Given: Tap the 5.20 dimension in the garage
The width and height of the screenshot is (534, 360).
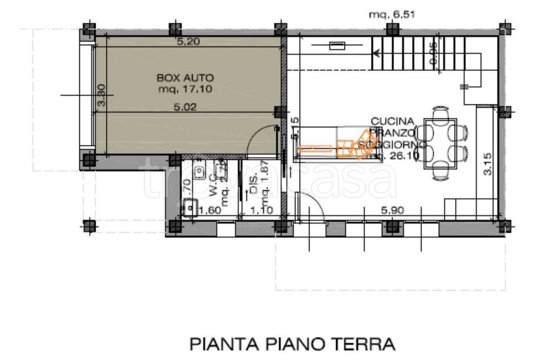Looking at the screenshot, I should [x=188, y=42].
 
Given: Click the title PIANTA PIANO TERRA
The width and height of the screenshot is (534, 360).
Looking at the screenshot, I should [x=292, y=344].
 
